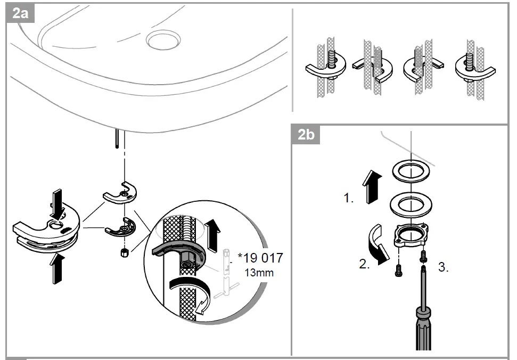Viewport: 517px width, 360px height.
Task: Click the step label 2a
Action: click(20, 13)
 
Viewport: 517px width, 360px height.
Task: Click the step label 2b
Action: click(306, 135)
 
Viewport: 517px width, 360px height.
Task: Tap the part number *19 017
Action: click(260, 258)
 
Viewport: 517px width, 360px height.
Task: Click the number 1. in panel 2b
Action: click(349, 199)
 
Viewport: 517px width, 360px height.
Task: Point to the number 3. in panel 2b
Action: click(443, 267)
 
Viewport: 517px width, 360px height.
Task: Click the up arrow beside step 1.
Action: click(370, 187)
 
